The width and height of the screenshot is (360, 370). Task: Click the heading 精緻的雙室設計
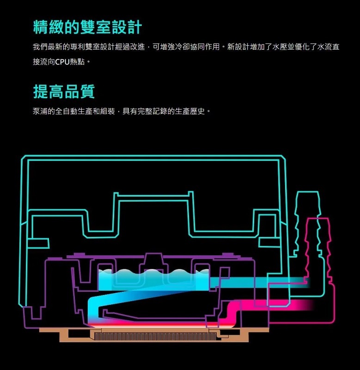[x=88, y=27]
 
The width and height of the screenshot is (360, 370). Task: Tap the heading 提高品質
[x=64, y=91]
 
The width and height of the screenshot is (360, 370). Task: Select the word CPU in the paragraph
[x=62, y=62]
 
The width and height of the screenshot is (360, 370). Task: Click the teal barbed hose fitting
[x=308, y=224]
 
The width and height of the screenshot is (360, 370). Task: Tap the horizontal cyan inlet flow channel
[x=259, y=283]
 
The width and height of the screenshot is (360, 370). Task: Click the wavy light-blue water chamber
[x=153, y=280]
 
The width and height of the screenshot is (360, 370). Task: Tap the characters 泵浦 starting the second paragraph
[x=40, y=111]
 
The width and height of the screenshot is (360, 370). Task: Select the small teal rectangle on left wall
[x=38, y=243]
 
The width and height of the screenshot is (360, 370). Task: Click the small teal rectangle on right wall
[x=269, y=242]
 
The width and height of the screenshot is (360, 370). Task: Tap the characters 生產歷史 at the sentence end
[x=190, y=111]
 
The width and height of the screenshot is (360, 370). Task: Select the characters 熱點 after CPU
[x=77, y=62]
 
